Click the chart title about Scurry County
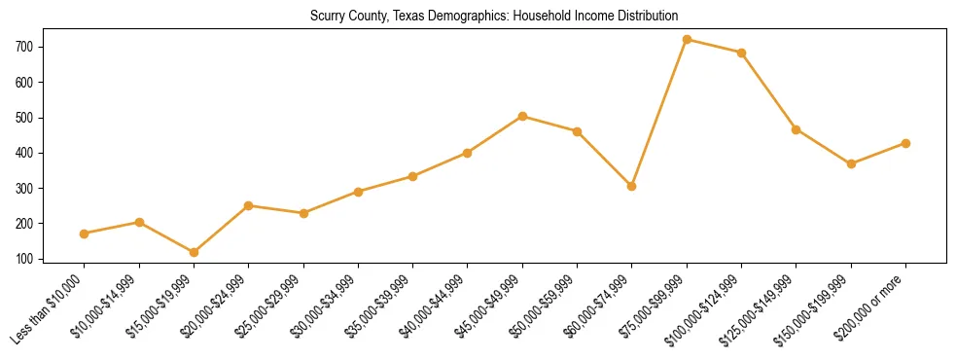(493, 17)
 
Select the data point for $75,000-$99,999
(687, 40)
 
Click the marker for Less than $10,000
(84, 234)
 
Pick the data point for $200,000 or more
(905, 143)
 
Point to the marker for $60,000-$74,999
(632, 186)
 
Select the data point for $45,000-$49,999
(522, 116)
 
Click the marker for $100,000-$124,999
(741, 53)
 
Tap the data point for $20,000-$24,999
(248, 205)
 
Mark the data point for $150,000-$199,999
(851, 163)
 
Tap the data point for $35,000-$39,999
(412, 176)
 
